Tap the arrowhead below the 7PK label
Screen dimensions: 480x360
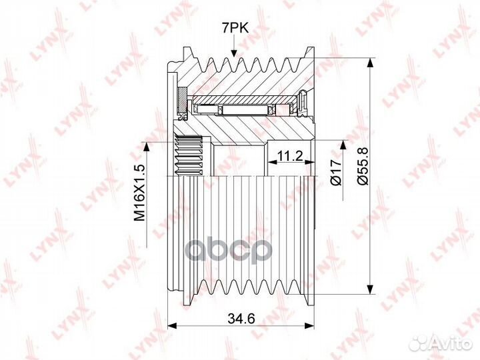pyautogui.click(x=234, y=53)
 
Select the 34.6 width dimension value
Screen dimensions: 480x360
pyautogui.click(x=241, y=319)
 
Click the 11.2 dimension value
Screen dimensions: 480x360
pyautogui.click(x=289, y=156)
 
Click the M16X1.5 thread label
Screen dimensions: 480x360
pyautogui.click(x=139, y=193)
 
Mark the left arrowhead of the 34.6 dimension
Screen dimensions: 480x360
pyautogui.click(x=172, y=326)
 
